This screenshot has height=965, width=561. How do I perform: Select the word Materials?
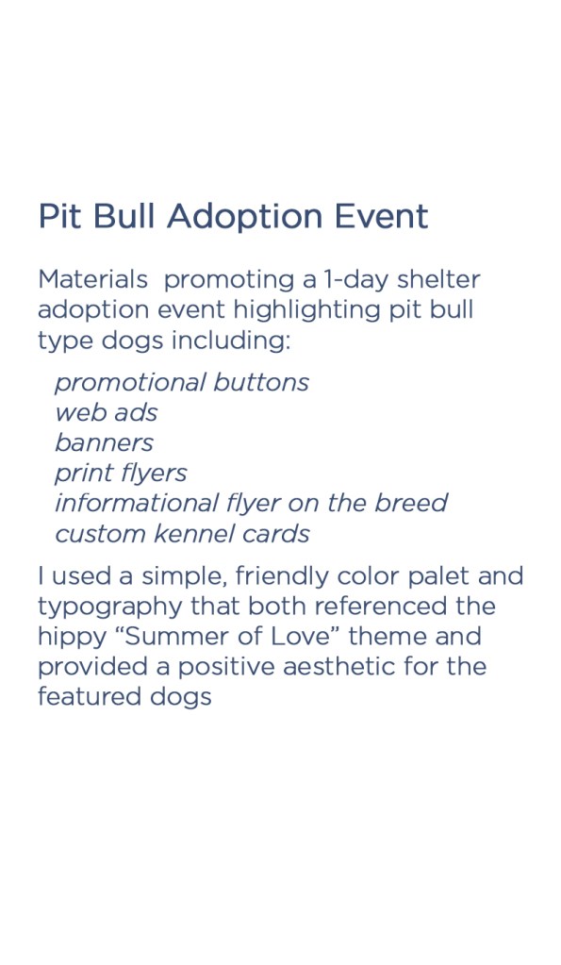[93, 280]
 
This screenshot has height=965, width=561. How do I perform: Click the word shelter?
[438, 280]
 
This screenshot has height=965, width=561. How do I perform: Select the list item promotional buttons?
[182, 383]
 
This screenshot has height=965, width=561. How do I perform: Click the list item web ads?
[107, 412]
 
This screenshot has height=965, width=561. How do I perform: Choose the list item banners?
[104, 442]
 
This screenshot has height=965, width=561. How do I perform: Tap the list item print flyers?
[122, 474]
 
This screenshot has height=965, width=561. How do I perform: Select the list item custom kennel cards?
[182, 534]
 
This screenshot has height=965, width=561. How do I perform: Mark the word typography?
[110, 607]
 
